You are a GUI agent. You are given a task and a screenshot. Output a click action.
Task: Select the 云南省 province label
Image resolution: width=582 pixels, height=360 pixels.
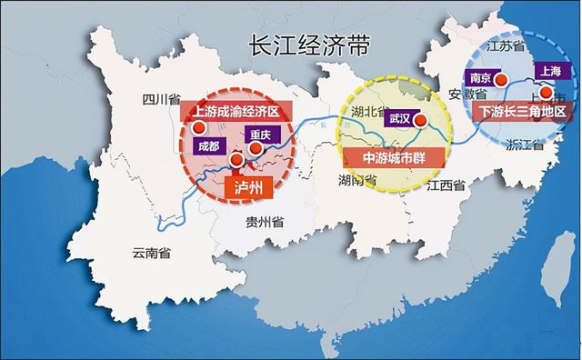[151, 255]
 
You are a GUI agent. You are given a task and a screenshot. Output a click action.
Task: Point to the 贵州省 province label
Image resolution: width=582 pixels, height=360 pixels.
[264, 222]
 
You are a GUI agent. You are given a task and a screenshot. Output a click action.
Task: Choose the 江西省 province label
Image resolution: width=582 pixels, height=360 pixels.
[446, 186]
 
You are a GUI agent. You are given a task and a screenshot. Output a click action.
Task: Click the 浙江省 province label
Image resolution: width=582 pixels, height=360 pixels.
[524, 145]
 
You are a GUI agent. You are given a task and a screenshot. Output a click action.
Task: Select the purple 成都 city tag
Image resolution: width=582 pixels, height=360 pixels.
[207, 145]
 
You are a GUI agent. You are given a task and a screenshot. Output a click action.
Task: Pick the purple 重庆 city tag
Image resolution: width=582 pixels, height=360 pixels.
[260, 132]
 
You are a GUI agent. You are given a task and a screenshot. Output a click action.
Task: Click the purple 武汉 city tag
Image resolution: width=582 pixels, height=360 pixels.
[400, 118]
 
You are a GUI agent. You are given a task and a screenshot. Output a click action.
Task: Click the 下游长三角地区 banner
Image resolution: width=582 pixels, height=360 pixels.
[521, 112]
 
